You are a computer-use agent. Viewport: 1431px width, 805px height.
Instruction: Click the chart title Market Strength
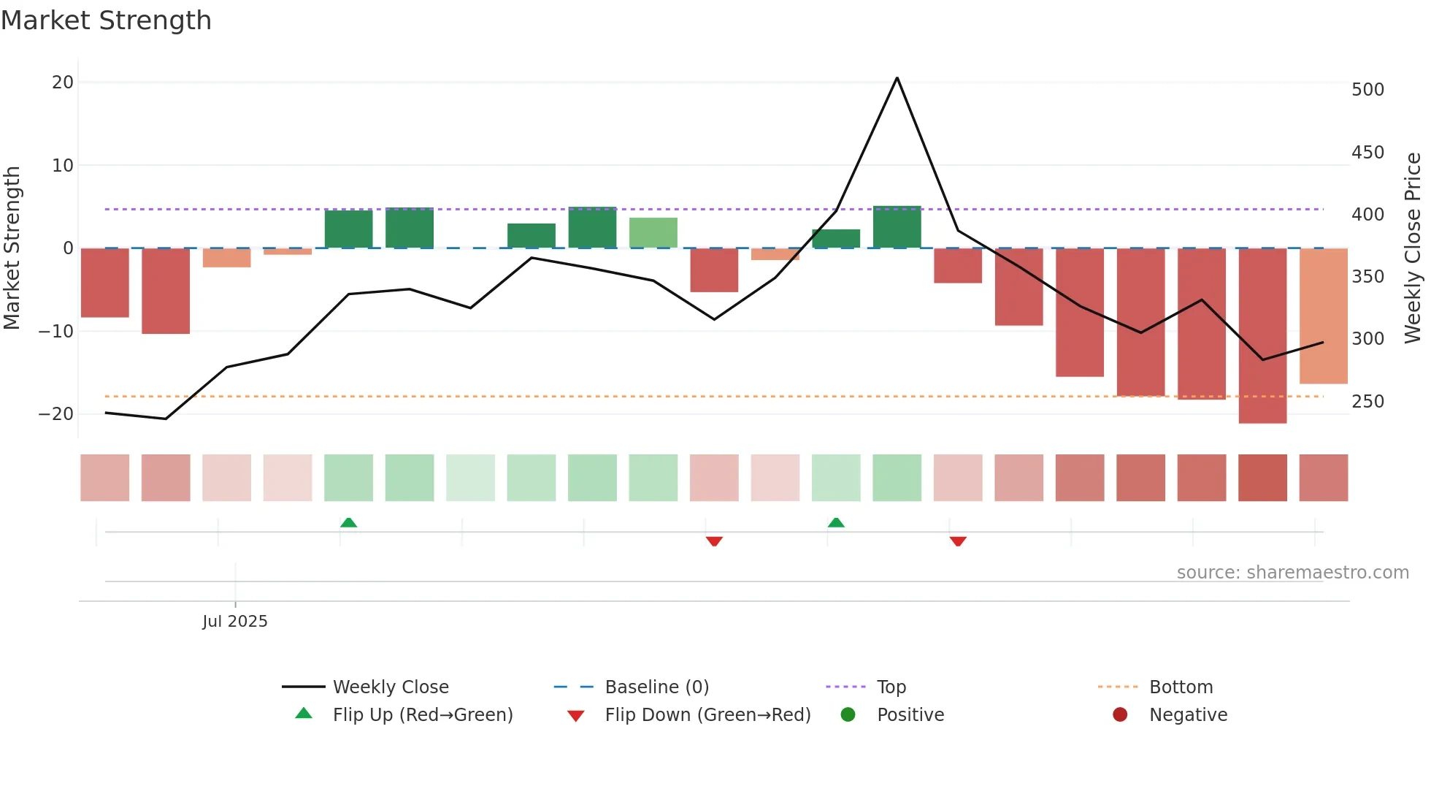[106, 20]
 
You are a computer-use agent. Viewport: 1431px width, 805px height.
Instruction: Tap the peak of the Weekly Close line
[897, 77]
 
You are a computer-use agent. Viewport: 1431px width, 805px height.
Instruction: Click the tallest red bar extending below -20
[1262, 336]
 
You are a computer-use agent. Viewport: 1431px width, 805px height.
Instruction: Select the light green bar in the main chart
[653, 232]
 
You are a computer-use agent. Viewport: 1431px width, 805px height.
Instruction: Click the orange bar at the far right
[1323, 316]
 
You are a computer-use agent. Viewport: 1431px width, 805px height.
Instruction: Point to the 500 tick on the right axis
[1367, 90]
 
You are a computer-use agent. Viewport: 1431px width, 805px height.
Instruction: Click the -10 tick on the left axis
[57, 331]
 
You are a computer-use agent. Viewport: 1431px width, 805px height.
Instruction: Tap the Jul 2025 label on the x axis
[235, 621]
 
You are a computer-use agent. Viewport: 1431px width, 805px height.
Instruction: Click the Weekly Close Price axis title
[1413, 248]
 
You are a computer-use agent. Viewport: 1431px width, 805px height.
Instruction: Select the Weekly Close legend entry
[390, 687]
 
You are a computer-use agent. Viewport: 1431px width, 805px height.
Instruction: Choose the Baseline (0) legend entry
[656, 687]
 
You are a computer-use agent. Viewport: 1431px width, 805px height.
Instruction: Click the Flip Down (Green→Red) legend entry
[707, 714]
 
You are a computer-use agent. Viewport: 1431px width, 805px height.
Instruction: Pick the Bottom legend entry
[1181, 687]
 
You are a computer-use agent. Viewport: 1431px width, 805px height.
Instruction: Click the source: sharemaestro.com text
[1292, 572]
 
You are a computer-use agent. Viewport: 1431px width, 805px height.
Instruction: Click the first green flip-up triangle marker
[348, 522]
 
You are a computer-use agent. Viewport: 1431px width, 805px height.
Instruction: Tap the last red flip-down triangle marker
[958, 541]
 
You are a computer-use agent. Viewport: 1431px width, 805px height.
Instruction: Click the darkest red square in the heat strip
[1262, 478]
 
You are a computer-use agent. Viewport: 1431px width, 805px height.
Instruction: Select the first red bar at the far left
[105, 283]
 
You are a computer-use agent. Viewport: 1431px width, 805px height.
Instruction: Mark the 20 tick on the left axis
[63, 83]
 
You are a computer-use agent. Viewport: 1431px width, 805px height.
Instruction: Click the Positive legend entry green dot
[848, 714]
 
